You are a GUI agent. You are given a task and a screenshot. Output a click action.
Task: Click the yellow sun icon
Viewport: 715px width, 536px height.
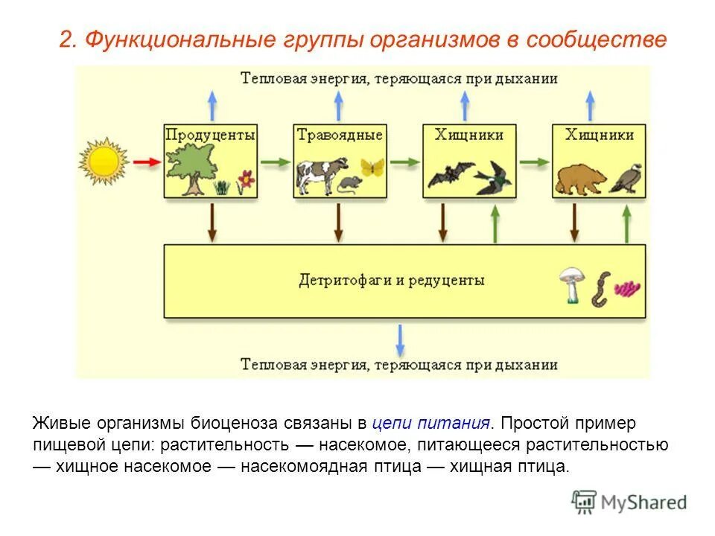(x=104, y=161)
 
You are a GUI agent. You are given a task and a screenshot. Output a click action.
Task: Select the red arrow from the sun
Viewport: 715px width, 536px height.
(x=148, y=162)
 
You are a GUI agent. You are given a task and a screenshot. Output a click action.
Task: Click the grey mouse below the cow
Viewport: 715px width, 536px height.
(x=349, y=184)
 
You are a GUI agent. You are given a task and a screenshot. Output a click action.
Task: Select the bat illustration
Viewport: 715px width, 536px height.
(x=449, y=174)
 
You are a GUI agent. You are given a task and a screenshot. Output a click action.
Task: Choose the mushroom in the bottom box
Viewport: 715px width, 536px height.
(x=571, y=284)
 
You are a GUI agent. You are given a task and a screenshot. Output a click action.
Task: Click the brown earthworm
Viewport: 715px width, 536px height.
(x=600, y=289)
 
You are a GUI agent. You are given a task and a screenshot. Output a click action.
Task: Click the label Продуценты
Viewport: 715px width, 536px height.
(x=210, y=135)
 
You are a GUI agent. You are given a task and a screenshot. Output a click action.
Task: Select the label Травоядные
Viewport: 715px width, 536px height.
(x=340, y=135)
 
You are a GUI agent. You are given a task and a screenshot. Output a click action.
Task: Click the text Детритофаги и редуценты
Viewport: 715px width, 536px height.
(x=391, y=281)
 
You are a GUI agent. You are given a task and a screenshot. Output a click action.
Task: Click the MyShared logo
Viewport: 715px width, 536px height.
(x=630, y=502)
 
